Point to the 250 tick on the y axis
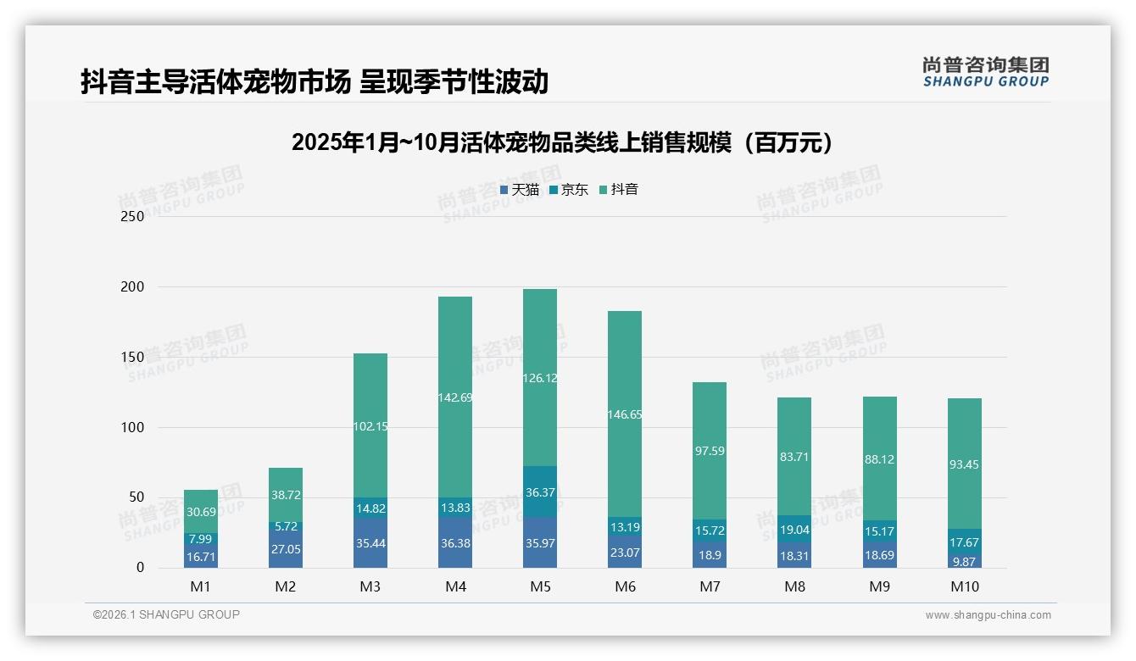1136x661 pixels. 133,217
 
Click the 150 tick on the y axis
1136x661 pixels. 133,358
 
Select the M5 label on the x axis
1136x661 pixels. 540,586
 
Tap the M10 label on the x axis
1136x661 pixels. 964,586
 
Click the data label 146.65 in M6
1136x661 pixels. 625,414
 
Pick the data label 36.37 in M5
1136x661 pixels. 540,492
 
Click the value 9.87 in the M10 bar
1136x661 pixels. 964,561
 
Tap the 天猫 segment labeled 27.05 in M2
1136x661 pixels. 286,549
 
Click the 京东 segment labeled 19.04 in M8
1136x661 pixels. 794,529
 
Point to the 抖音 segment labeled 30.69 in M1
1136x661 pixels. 201,511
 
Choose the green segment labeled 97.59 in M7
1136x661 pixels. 710,451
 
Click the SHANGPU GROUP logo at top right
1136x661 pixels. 985,72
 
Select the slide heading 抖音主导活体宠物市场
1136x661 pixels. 314,81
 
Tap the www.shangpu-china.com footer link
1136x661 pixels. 988,615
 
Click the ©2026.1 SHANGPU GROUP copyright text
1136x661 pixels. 166,614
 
